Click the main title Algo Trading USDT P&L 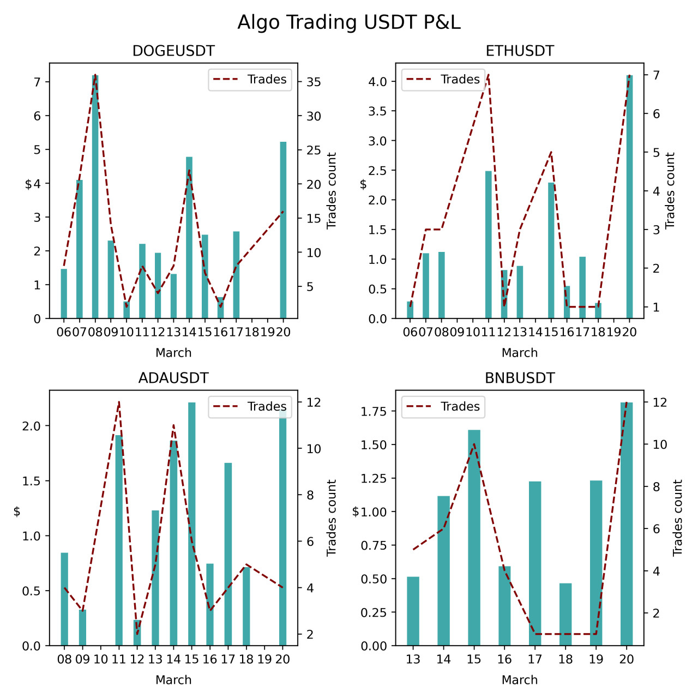pos(349,22)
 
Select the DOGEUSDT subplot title pos(173,51)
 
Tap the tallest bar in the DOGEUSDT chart pos(95,196)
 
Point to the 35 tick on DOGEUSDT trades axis pos(314,82)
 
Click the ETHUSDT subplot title pos(520,51)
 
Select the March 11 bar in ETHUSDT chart pos(489,245)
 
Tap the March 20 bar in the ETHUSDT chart pos(630,197)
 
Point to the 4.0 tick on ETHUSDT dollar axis pos(377,82)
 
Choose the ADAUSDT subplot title pos(173,378)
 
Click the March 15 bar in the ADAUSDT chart pos(192,524)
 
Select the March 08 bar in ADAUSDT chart pos(64,599)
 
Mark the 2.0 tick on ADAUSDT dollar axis pos(31,426)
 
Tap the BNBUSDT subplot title pos(520,378)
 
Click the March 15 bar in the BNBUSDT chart pos(474,538)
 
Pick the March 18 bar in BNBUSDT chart pos(565,615)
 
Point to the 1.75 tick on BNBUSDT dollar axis pos(374,411)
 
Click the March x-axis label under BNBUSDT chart pos(520,680)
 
